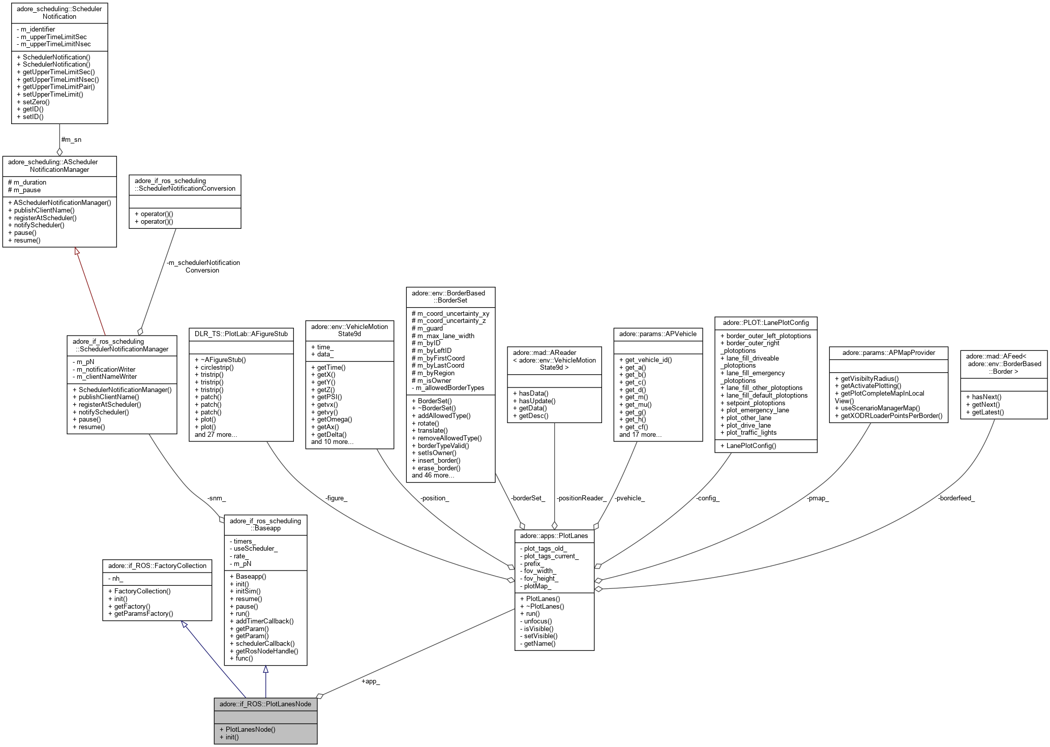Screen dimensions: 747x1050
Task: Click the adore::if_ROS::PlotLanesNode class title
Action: click(265, 704)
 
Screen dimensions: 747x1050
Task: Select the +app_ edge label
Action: click(371, 681)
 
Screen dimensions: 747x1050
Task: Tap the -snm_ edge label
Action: click(216, 498)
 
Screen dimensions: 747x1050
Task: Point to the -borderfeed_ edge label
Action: click(956, 498)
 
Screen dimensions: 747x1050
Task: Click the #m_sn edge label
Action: click(71, 139)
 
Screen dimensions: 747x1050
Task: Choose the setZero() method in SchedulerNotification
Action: click(36, 102)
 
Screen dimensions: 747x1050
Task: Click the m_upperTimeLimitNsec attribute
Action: click(55, 44)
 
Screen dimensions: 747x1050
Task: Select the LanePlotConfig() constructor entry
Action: click(751, 445)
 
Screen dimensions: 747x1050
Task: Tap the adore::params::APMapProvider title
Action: click(888, 352)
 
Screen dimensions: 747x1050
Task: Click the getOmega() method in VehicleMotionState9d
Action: click(335, 420)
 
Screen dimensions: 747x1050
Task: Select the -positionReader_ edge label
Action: click(581, 498)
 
